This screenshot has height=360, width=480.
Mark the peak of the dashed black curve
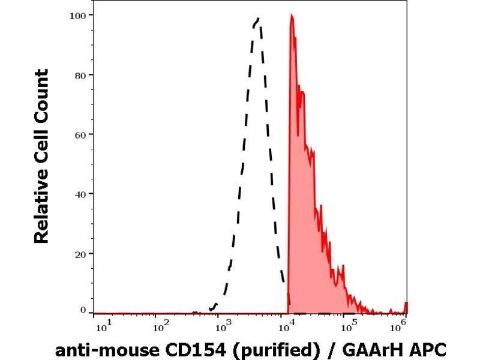257,19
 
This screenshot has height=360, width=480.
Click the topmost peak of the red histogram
291,16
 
